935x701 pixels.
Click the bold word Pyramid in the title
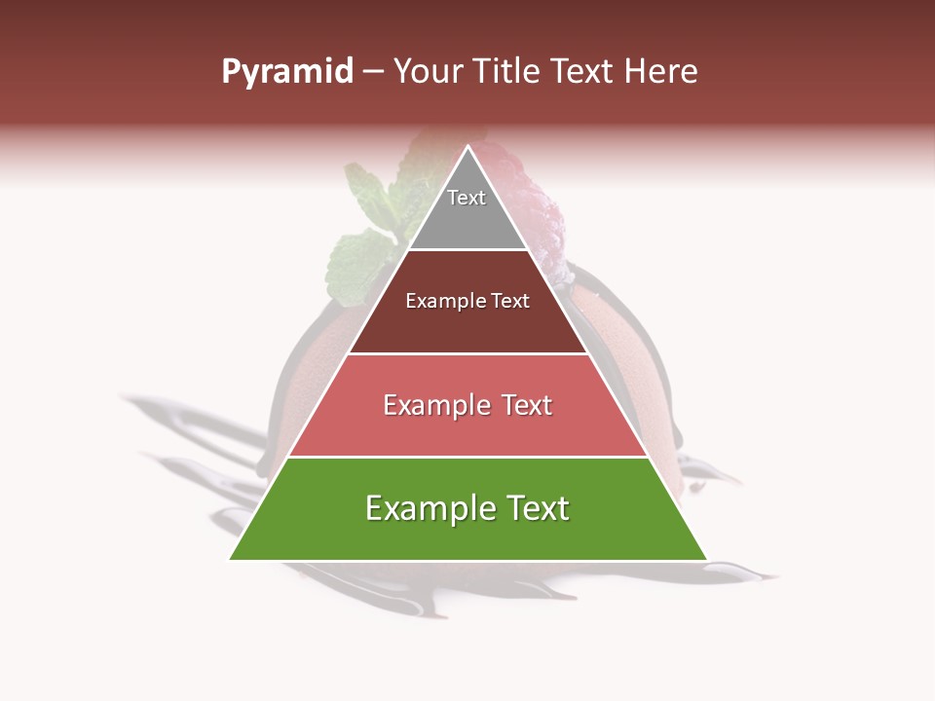[x=286, y=72]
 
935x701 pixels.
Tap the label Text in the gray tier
[x=467, y=198]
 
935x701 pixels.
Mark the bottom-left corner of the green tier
[x=230, y=559]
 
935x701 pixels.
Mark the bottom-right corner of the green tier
[x=706, y=559]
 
